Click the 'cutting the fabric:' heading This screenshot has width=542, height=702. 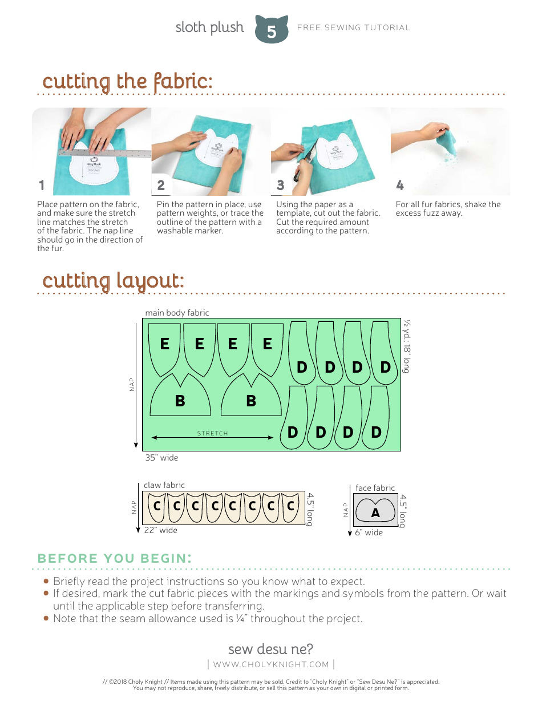127,82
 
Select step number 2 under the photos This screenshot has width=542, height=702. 161,185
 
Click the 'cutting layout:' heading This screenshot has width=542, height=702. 113,281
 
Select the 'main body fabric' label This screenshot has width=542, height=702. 177,313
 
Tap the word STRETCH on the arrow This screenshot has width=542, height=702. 212,434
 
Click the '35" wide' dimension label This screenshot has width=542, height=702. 161,458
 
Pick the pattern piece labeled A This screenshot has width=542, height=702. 375,510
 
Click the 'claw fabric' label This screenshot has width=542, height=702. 164,485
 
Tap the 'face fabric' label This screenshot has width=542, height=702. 375,488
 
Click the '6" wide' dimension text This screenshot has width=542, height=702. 369,532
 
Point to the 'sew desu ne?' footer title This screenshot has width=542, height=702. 270,649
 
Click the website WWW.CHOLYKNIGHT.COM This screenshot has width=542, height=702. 271,664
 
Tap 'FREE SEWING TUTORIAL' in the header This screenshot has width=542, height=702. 354,27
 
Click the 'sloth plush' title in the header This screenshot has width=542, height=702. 209,27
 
